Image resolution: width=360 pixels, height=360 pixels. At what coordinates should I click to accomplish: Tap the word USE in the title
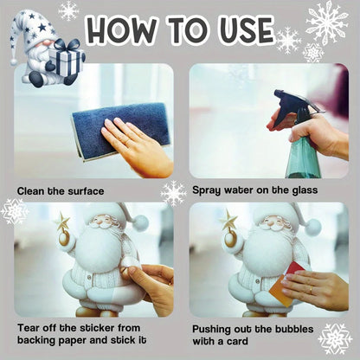[239, 31]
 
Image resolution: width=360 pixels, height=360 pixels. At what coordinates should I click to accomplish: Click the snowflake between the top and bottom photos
[173, 192]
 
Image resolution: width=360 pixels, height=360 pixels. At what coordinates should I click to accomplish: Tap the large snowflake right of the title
[326, 23]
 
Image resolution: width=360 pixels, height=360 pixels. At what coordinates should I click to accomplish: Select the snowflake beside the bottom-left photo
[14, 211]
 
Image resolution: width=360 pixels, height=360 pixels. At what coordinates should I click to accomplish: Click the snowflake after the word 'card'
[334, 337]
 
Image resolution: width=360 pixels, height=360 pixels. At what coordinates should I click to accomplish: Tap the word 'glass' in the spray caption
[303, 190]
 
